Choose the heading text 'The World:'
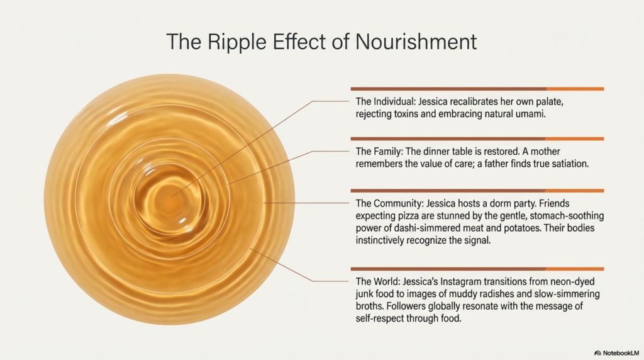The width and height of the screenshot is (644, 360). pos(377,281)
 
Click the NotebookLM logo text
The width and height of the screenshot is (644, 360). pos(621,353)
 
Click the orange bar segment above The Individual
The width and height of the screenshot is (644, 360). pos(575,89)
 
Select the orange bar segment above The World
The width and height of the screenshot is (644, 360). pos(575,269)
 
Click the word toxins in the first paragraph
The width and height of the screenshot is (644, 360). pos(406,114)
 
